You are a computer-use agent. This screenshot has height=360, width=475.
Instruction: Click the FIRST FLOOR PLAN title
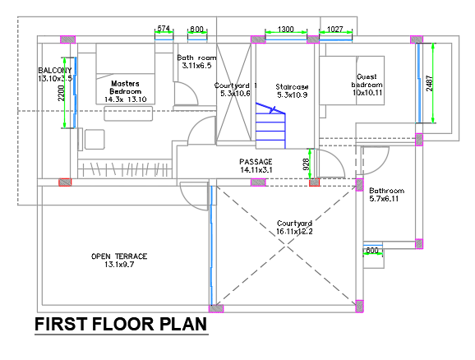coord(121,324)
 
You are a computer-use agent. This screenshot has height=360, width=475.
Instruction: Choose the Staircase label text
coord(292,87)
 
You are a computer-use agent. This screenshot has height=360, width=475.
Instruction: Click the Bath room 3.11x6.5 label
coord(196,61)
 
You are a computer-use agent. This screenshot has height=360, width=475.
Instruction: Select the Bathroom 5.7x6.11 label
coord(386,195)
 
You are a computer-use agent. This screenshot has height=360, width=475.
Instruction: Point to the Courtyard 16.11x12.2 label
coord(294,228)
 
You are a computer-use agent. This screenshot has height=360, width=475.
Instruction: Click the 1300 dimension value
coord(286,29)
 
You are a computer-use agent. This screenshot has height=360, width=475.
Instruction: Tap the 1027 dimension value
coord(335,29)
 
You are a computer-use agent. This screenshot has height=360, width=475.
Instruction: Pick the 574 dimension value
coord(164,28)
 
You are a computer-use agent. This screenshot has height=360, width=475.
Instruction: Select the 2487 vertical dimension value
coord(429,83)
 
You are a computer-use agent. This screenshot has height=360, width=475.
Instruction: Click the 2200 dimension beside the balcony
coord(61,93)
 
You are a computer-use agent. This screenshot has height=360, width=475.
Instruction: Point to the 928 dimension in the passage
coord(307,164)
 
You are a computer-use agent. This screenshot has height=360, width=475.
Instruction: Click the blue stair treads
coord(270,126)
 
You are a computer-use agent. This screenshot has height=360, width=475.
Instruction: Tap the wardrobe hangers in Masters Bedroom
coord(124,169)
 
